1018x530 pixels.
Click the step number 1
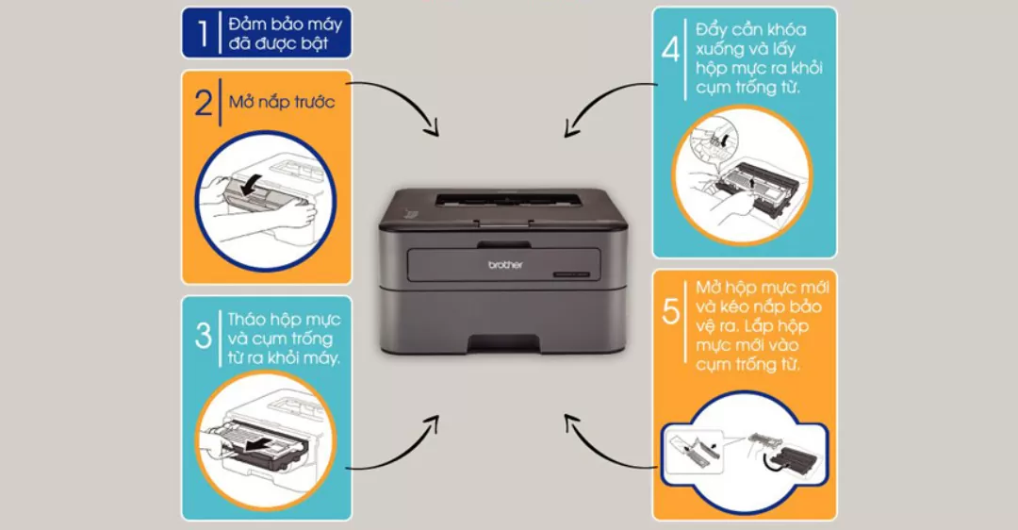(x=204, y=33)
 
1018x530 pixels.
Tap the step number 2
(x=204, y=103)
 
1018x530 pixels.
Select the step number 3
(x=204, y=336)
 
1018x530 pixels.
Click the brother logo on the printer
(x=505, y=265)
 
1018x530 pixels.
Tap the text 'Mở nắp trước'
(x=282, y=102)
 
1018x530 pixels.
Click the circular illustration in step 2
(x=266, y=202)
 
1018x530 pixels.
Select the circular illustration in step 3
(x=266, y=440)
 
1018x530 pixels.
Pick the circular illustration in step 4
(x=742, y=175)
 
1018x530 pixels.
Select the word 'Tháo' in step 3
(x=247, y=319)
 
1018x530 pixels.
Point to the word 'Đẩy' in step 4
(x=711, y=30)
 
